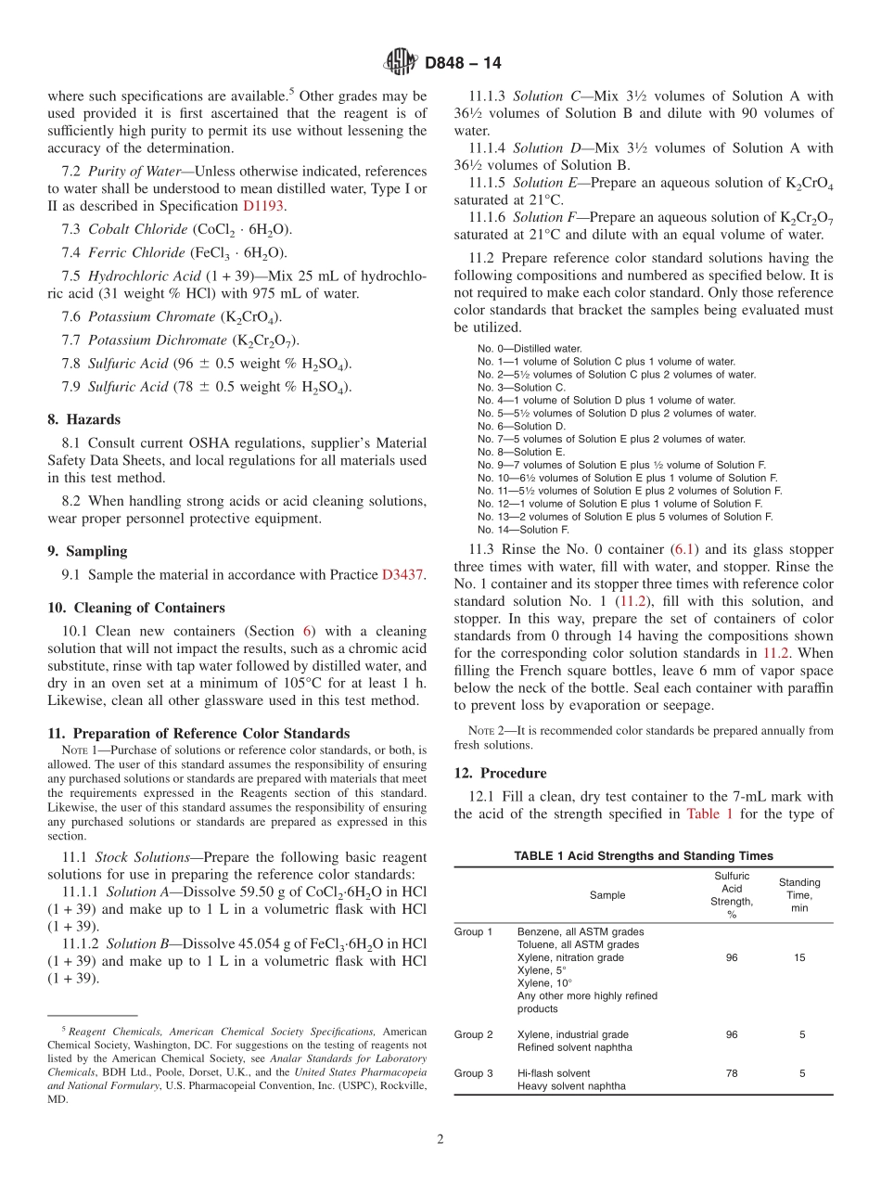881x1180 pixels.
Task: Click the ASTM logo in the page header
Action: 401,63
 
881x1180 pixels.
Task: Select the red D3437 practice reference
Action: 403,575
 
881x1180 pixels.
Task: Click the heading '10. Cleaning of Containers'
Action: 136,608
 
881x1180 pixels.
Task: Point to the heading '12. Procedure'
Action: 501,773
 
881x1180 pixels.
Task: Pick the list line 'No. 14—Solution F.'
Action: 523,530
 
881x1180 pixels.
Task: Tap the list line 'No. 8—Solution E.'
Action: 521,452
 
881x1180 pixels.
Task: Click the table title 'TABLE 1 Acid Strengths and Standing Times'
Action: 644,856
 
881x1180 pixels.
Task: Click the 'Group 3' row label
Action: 473,1073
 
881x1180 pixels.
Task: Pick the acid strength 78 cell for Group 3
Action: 732,1073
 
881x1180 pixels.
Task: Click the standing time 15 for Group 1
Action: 799,957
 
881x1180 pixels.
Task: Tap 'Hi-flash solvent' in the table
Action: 554,1073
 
